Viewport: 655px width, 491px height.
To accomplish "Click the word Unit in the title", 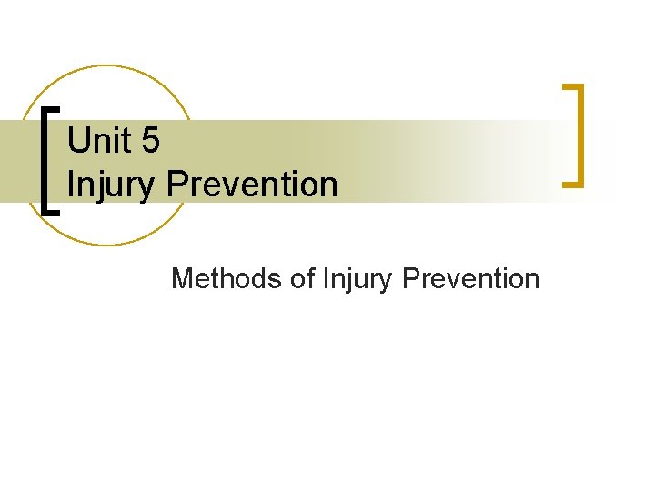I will pyautogui.click(x=98, y=141).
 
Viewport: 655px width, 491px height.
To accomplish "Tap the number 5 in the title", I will pyautogui.click(x=149, y=141).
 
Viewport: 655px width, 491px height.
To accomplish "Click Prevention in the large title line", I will pyautogui.click(x=253, y=185).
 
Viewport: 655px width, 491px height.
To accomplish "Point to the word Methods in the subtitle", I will pyautogui.click(x=227, y=278).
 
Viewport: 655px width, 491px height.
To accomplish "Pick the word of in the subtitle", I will pyautogui.click(x=302, y=278).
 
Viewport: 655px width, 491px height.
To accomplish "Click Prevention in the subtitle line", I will pyautogui.click(x=470, y=278).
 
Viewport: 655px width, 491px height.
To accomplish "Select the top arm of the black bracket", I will pyautogui.click(x=54, y=108).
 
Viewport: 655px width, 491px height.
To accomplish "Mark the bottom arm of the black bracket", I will pyautogui.click(x=54, y=212).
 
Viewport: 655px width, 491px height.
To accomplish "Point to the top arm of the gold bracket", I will pyautogui.click(x=572, y=87).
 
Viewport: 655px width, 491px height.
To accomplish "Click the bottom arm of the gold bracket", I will pyautogui.click(x=572, y=185).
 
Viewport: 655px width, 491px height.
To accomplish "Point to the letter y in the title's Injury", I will pyautogui.click(x=151, y=188).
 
